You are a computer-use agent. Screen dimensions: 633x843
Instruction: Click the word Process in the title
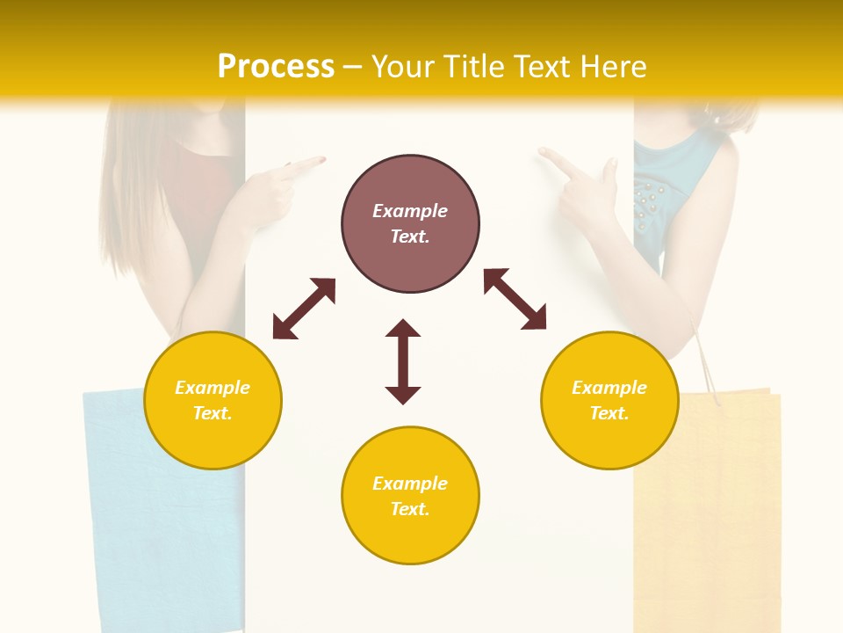coord(276,67)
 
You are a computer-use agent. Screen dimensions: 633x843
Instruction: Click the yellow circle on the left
coord(213,400)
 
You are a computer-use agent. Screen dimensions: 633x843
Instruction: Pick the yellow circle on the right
coord(609,400)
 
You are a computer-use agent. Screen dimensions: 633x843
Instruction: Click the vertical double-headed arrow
coord(403,361)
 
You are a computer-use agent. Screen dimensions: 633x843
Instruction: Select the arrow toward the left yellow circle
coord(304,309)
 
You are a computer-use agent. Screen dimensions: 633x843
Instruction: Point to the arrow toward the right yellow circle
coord(515,299)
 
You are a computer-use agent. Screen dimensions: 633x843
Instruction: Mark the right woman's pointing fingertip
coord(542,151)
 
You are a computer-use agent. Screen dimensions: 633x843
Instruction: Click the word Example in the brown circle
coord(410,211)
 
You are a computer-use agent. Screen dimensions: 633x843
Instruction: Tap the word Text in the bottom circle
coord(408,509)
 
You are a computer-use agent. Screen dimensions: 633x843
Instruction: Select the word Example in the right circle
coord(609,388)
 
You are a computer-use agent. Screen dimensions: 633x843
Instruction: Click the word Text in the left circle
coord(212,413)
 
